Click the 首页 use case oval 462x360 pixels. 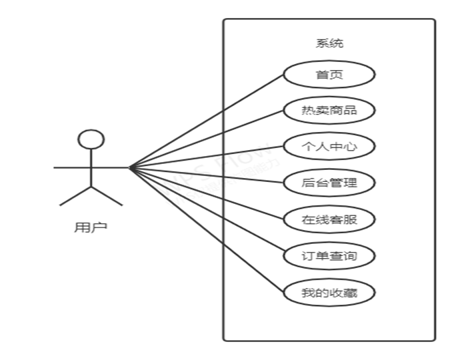(329, 75)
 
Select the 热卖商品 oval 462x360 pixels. (329, 111)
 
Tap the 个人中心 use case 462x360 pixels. (329, 147)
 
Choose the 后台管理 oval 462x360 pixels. (329, 183)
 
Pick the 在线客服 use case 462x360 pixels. (329, 219)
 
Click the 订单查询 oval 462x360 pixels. (329, 256)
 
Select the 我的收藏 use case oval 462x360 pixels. (329, 293)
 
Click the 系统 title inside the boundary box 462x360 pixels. (329, 44)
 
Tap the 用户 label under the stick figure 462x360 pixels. (90, 227)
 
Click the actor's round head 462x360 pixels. (91, 139)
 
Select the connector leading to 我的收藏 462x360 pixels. (207, 230)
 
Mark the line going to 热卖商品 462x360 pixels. (207, 139)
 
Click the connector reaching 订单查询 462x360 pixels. (207, 212)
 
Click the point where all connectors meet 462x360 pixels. (129, 168)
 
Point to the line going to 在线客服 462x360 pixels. (207, 194)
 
